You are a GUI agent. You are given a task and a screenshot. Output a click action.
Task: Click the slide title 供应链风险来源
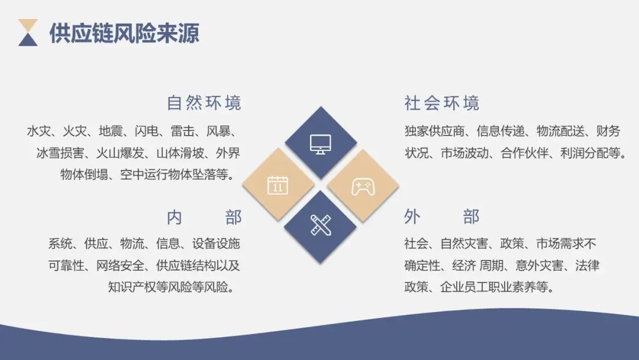point(124,33)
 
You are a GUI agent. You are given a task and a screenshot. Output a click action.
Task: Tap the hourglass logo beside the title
point(28,33)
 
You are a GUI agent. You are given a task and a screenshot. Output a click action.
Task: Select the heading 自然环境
point(204,103)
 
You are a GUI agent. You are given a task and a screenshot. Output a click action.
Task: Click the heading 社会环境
point(442,103)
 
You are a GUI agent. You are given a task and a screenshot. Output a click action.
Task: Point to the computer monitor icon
point(321,143)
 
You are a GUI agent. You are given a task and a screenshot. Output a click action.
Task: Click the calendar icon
point(277,185)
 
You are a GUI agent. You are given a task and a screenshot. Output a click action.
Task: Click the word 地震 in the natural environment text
point(111,131)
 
